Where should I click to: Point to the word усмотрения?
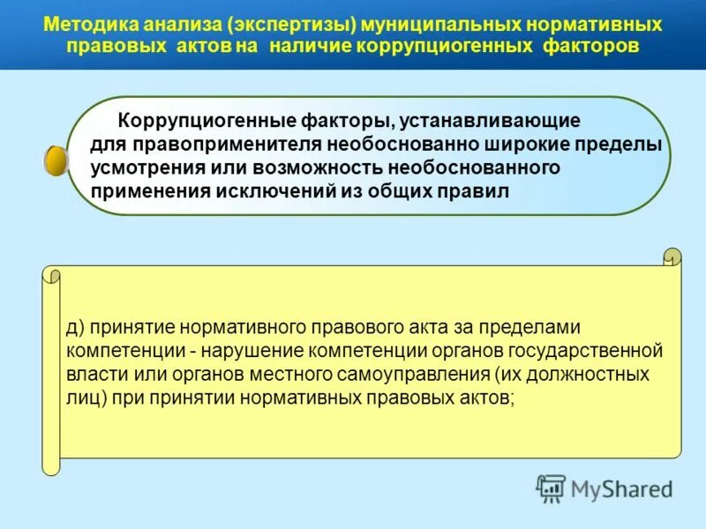(145, 168)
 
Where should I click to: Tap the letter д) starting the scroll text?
(74, 328)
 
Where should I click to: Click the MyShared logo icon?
(552, 488)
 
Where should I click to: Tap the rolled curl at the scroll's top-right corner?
(672, 259)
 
